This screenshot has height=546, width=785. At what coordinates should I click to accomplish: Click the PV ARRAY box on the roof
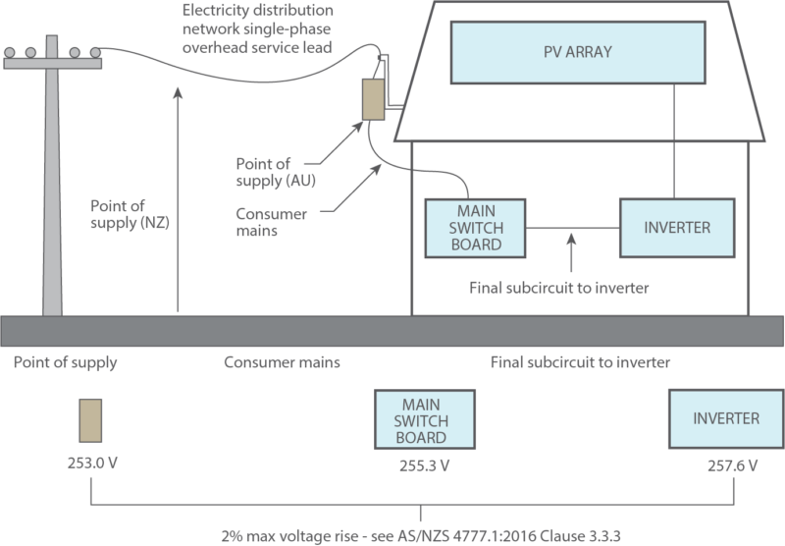coord(576,52)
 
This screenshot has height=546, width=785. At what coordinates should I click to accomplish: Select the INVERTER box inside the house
coord(676,228)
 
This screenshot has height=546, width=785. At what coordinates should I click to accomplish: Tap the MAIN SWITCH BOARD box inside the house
coord(475,228)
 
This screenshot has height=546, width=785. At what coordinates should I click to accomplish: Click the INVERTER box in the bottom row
coord(725,418)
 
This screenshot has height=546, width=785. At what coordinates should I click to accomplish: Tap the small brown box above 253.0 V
coord(91,420)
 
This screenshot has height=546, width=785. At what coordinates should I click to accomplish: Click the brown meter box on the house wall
coord(374,98)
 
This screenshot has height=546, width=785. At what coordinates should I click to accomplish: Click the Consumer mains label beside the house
coord(272,221)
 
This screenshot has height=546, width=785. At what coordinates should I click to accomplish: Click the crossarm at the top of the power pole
coord(54,61)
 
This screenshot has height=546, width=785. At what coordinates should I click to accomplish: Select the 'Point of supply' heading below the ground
coord(66,362)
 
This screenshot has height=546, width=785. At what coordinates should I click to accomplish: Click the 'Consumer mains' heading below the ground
coord(282,362)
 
